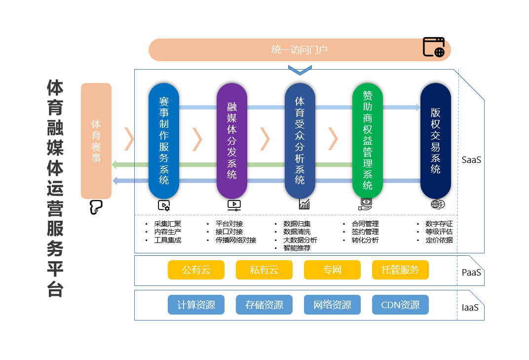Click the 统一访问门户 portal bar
[299, 50]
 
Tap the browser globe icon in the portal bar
[434, 47]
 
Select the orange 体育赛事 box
[96, 141]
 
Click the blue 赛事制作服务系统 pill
[164, 141]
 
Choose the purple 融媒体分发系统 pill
[232, 141]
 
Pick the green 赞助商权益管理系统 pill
[368, 141]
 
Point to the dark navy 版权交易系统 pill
[436, 141]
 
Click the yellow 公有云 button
[196, 270]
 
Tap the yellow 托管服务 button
[400, 270]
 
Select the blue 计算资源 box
[196, 305]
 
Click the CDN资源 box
[400, 305]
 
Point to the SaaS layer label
[471, 160]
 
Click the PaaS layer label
[471, 272]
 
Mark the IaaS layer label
[470, 308]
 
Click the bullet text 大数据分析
[300, 240]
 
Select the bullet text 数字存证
[439, 224]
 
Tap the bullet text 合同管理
[365, 224]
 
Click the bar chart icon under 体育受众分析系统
[304, 204]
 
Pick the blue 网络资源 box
[332, 305]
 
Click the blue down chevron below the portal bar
[300, 71]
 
